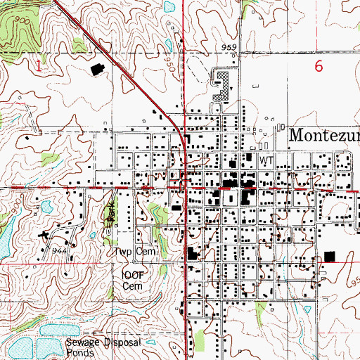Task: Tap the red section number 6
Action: [319, 66]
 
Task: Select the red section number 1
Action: [37, 65]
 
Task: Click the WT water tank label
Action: [265, 160]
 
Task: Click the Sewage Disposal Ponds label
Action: [104, 347]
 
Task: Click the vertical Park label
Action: [110, 214]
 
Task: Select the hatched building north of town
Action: [222, 86]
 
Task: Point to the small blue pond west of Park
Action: [46, 207]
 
